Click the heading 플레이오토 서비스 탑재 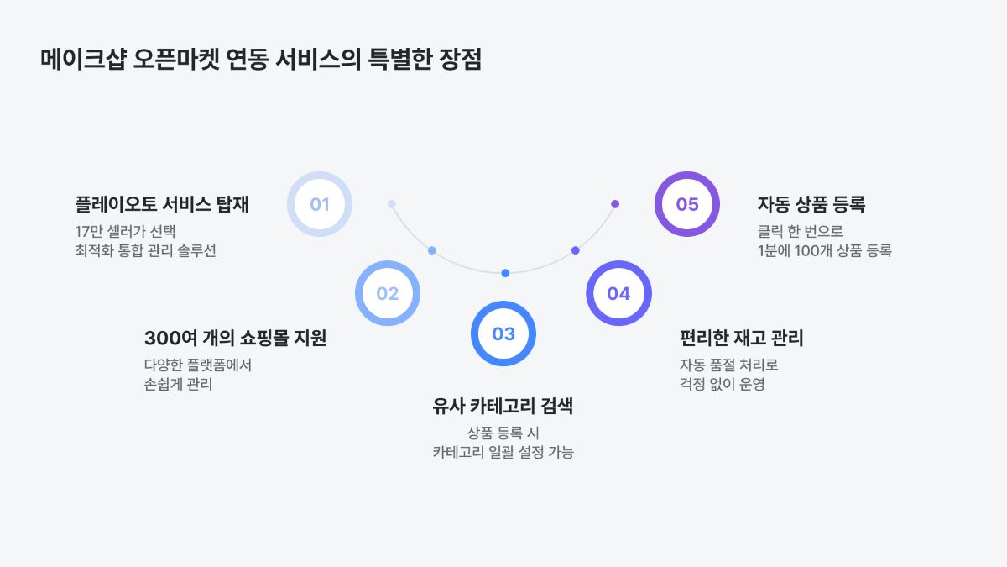pyautogui.click(x=162, y=204)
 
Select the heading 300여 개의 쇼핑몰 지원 pyautogui.click(x=235, y=338)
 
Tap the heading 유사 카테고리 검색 pyautogui.click(x=503, y=406)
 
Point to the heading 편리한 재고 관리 pyautogui.click(x=741, y=338)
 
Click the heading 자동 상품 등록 pyautogui.click(x=811, y=204)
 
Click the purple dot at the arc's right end pyautogui.click(x=615, y=204)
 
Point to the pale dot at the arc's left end pyautogui.click(x=392, y=204)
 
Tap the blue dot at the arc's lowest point pyautogui.click(x=505, y=273)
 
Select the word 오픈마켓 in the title pyautogui.click(x=176, y=59)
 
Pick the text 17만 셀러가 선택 pyautogui.click(x=125, y=231)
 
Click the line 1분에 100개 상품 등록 pyautogui.click(x=824, y=250)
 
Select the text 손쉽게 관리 pyautogui.click(x=178, y=385)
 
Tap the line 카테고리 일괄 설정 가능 pyautogui.click(x=503, y=452)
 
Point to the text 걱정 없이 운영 pyautogui.click(x=722, y=385)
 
